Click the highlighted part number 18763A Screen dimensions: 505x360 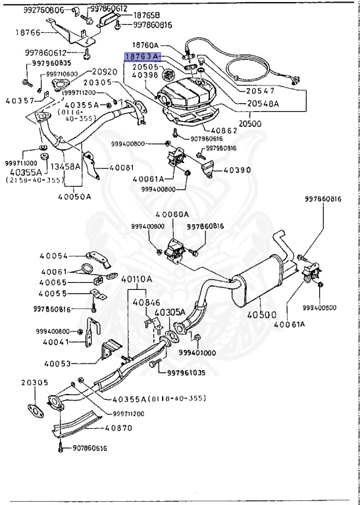pos(142,58)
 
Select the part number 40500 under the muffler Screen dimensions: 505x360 pos(263,316)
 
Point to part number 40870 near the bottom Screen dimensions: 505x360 pos(119,427)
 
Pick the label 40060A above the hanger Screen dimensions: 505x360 pos(172,214)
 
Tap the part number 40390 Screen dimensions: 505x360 pos(237,170)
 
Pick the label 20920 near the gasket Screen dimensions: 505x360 pos(105,72)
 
